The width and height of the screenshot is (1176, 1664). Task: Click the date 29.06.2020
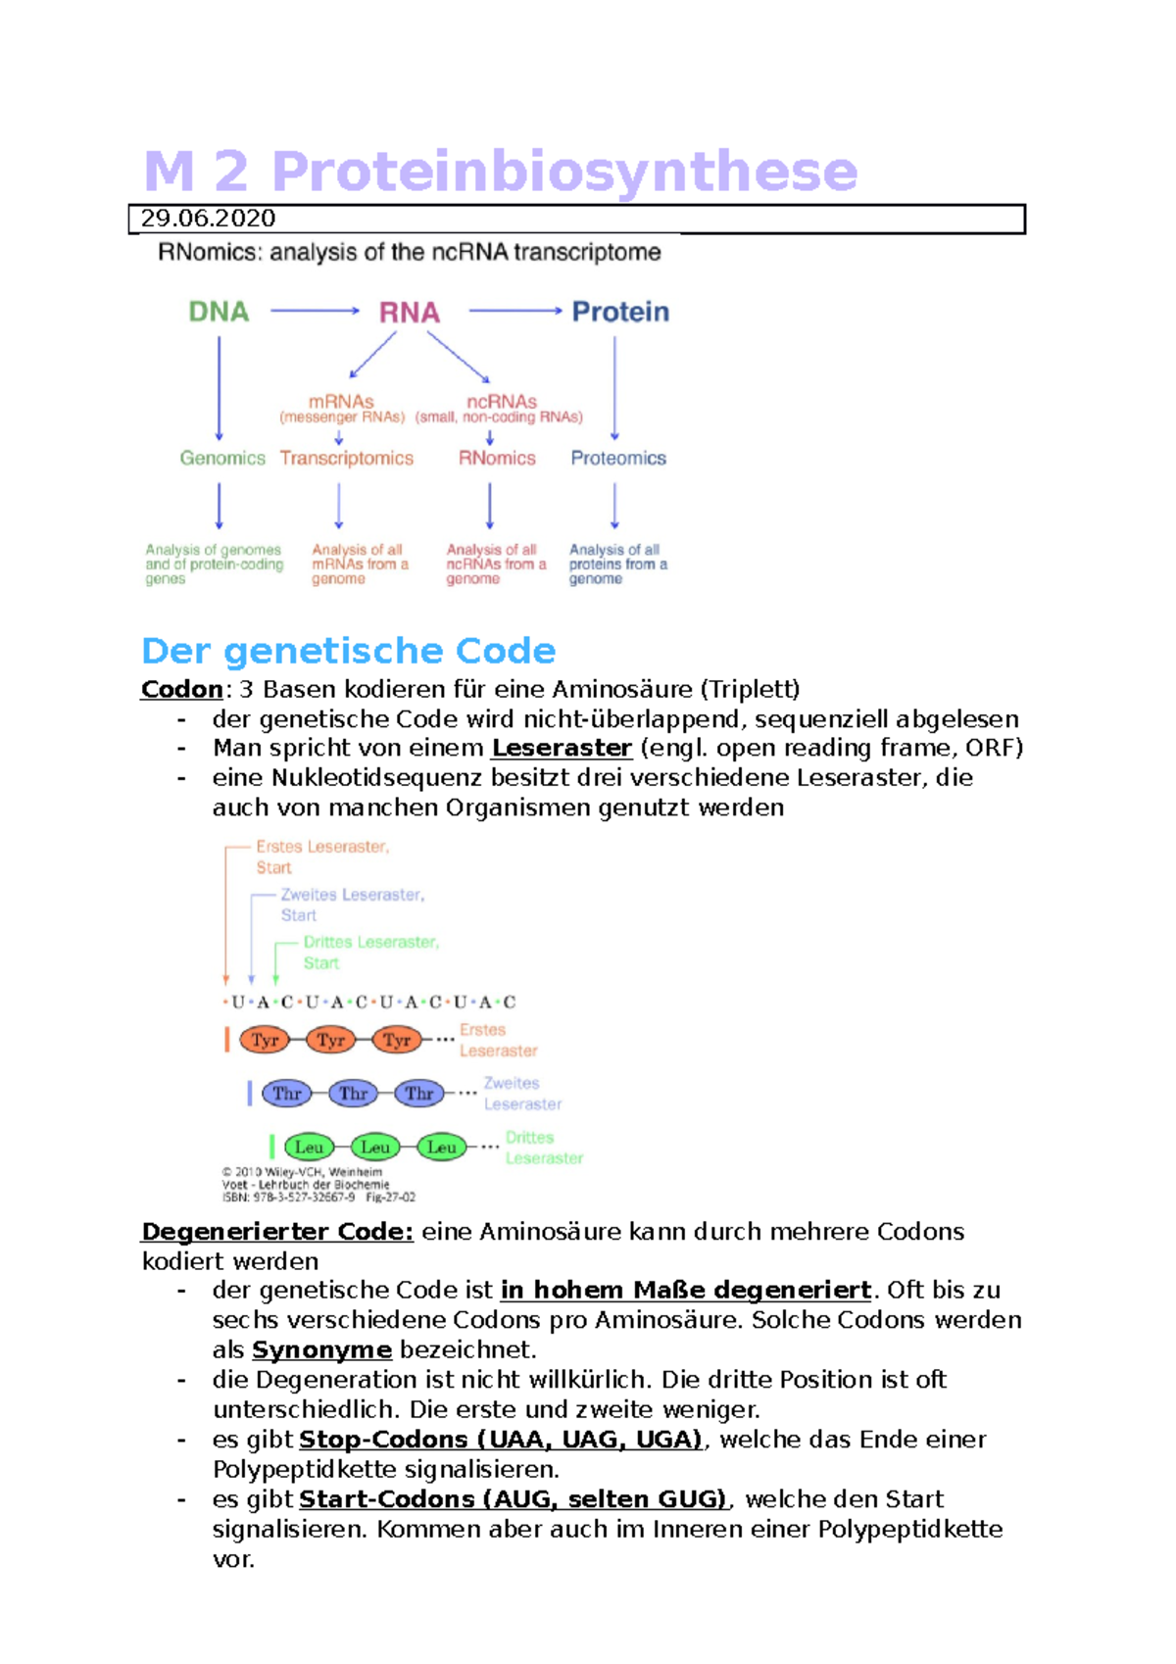tap(208, 219)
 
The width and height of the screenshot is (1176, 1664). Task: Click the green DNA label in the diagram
tap(219, 312)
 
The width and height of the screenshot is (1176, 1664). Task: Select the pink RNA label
tap(409, 313)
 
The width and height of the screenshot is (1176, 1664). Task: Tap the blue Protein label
tap(620, 312)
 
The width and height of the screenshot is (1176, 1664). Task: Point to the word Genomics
tap(222, 458)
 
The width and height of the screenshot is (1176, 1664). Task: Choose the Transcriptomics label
tap(346, 458)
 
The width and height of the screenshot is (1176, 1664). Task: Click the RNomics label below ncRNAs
tap(497, 458)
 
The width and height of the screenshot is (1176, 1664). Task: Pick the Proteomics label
tap(618, 458)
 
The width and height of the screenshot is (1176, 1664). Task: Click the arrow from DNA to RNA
tap(315, 311)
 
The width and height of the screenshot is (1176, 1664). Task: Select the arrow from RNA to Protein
tap(515, 311)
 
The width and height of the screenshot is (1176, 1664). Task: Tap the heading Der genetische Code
tap(348, 651)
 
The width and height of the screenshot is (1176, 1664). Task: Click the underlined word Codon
tap(182, 689)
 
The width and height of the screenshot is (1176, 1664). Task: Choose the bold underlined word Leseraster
tap(561, 748)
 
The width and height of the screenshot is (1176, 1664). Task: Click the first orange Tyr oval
tap(265, 1040)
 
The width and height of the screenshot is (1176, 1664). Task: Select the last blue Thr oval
tap(419, 1093)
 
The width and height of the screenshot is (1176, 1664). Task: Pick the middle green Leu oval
tap(375, 1147)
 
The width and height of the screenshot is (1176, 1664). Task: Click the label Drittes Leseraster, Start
tap(370, 952)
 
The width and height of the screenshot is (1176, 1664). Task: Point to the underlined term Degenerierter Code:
tap(277, 1231)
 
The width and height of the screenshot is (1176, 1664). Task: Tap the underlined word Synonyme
tap(321, 1349)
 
